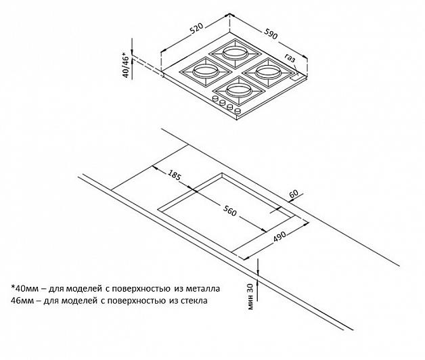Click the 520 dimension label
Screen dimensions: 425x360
[x=196, y=29]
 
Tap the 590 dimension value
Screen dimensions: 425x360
[x=270, y=33]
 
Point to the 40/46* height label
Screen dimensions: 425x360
[x=127, y=66]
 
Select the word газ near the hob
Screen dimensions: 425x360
[x=290, y=58]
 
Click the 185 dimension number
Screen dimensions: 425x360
[x=174, y=175]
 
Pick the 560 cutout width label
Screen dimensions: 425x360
[x=230, y=210]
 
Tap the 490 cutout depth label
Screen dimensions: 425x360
[x=279, y=236]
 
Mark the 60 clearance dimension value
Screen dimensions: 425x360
[x=294, y=194]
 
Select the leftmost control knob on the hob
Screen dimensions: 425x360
[x=216, y=99]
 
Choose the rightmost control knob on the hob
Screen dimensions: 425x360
[x=238, y=110]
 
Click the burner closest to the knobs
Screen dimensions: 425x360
[x=238, y=90]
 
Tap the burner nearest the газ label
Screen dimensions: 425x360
[x=268, y=72]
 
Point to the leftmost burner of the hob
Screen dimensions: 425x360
[x=206, y=72]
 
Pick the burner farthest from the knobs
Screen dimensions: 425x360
[x=236, y=53]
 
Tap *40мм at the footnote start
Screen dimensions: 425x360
[x=23, y=288]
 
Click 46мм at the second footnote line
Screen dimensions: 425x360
[x=22, y=300]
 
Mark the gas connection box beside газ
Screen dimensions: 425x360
[x=298, y=78]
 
